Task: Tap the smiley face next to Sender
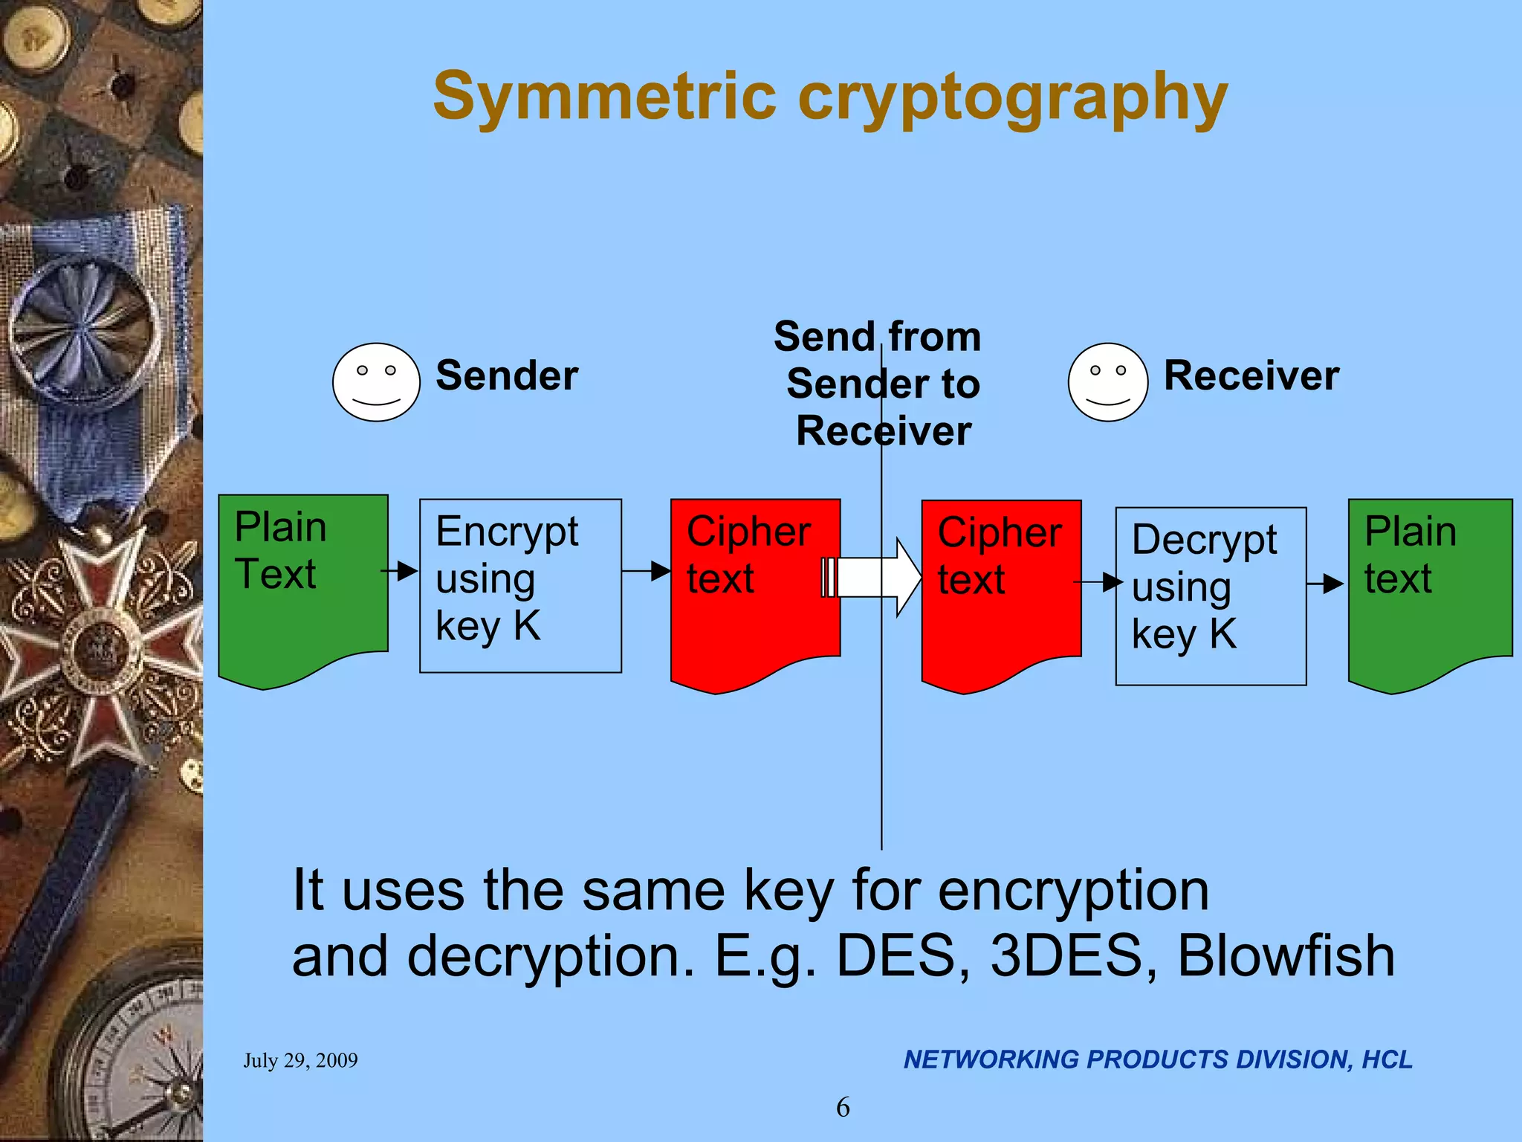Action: (376, 382)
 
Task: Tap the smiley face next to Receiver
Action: (1108, 382)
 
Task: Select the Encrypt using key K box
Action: (520, 586)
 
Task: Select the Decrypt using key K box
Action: (1211, 596)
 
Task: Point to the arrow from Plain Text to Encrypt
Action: (400, 571)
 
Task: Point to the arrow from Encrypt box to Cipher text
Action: (647, 571)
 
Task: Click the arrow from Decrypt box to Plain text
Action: (1325, 584)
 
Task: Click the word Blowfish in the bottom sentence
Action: (1286, 956)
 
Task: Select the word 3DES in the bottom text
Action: (1066, 956)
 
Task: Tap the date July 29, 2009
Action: (300, 1060)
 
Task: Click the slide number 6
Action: (843, 1107)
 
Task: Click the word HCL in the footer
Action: (1387, 1059)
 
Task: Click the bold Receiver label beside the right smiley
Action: (1251, 375)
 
